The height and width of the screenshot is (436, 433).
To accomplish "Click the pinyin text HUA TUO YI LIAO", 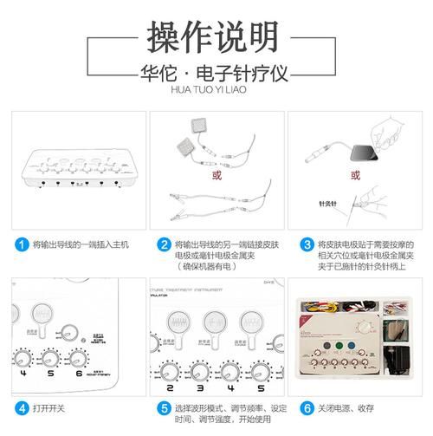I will [216, 88].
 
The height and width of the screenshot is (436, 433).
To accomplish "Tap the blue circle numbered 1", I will [21, 245].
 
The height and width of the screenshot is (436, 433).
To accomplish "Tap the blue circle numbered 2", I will [165, 245].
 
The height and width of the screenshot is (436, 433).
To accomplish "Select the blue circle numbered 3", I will [308, 245].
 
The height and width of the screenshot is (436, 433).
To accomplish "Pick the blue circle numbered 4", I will [21, 407].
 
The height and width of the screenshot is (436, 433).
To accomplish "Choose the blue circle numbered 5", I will [165, 407].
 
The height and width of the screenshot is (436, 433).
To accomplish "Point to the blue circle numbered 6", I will [308, 407].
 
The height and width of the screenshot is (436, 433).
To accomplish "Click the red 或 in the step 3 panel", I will [355, 174].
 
